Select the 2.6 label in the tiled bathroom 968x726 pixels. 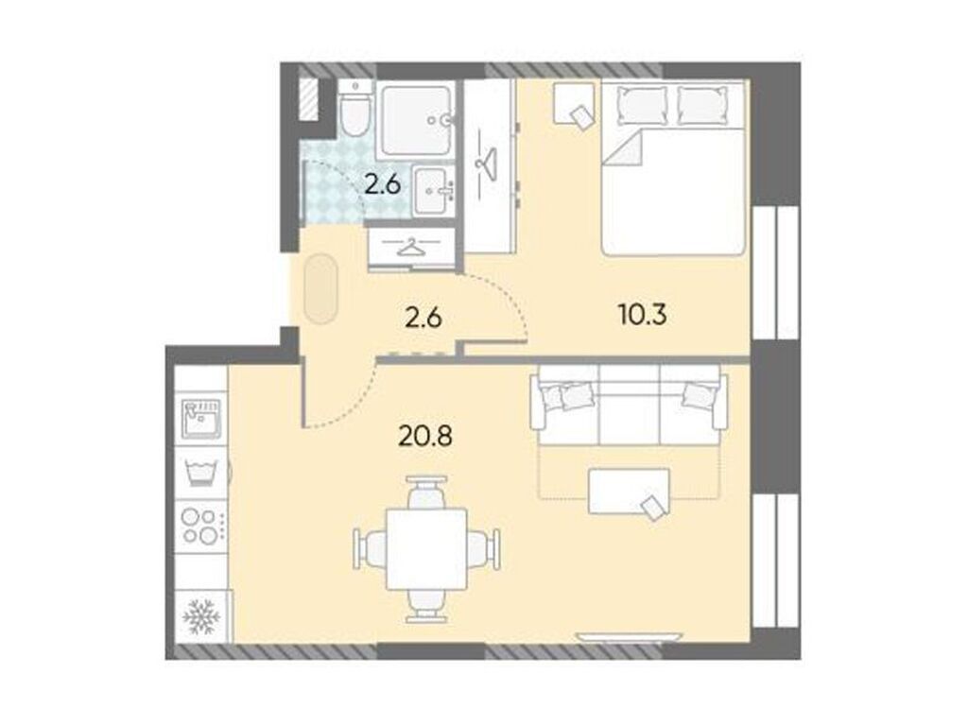click(x=387, y=184)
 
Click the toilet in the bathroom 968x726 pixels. click(x=355, y=112)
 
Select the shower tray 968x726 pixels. click(x=414, y=119)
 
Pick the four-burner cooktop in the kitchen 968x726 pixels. click(x=200, y=526)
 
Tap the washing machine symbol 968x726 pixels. click(x=200, y=470)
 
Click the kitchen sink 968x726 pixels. click(x=200, y=417)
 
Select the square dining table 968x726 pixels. click(x=427, y=549)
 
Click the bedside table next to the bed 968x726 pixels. click(x=574, y=103)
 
